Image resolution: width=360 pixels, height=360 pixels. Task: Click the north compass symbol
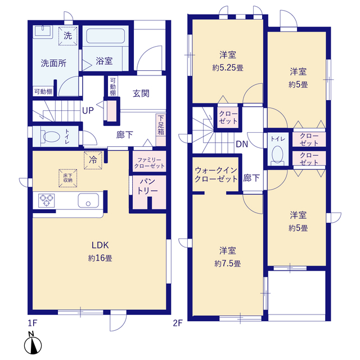coord(33,343)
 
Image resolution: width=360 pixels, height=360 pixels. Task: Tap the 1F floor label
coord(33,323)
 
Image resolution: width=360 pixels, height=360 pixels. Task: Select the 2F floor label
coord(178,323)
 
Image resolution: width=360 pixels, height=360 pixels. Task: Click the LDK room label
coord(100,245)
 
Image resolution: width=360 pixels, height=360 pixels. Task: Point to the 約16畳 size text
coord(100,258)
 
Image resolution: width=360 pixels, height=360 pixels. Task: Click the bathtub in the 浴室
coord(105,36)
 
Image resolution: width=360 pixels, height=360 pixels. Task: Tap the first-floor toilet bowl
coord(51,137)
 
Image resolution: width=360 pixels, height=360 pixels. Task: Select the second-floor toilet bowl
coord(277,154)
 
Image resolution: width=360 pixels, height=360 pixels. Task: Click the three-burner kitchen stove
coord(47,200)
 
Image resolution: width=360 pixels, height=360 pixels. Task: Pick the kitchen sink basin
coord(88,200)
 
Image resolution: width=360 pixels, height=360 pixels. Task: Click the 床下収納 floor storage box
coord(67,178)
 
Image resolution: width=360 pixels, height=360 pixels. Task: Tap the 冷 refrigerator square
coord(93,160)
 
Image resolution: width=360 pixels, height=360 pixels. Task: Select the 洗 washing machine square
coord(67,36)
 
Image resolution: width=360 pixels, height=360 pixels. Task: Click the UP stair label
coord(88,111)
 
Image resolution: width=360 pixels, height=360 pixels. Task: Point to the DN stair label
coord(242,144)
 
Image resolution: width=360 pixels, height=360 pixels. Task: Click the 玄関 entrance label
coord(141,93)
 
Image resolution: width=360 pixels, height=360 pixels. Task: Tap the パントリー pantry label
coord(147,186)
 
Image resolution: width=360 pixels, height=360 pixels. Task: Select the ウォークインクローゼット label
coord(216,174)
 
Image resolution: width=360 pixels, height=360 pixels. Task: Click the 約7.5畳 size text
coord(227,264)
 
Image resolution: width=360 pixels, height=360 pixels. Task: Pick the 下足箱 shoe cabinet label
coord(161,125)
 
